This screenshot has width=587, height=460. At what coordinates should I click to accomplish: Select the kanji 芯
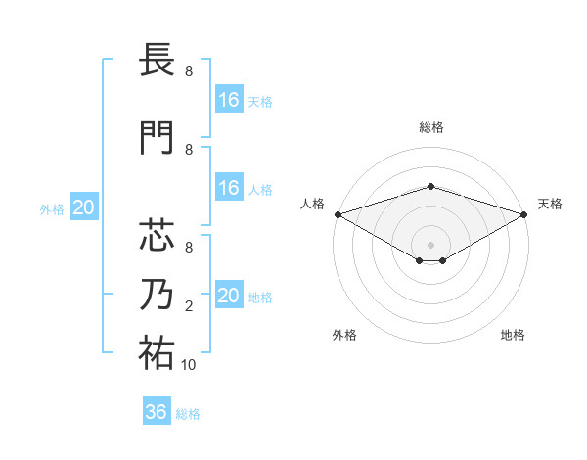pyautogui.click(x=158, y=236)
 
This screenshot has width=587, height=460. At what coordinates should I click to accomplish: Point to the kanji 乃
pyautogui.click(x=158, y=294)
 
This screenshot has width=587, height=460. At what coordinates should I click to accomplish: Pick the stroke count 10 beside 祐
pyautogui.click(x=189, y=365)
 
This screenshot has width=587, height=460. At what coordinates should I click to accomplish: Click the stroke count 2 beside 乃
pyautogui.click(x=189, y=307)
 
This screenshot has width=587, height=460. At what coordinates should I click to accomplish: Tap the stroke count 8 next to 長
pyautogui.click(x=189, y=71)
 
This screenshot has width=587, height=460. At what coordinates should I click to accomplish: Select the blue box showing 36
pyautogui.click(x=157, y=412)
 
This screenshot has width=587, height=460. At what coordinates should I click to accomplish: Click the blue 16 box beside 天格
pyautogui.click(x=229, y=100)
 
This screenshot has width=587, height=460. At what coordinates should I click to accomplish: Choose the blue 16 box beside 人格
pyautogui.click(x=229, y=188)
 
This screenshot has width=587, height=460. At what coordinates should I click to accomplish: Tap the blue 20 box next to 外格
pyautogui.click(x=84, y=207)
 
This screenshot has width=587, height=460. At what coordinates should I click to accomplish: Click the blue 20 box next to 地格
pyautogui.click(x=229, y=296)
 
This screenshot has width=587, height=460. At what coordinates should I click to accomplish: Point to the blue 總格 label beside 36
pyautogui.click(x=188, y=414)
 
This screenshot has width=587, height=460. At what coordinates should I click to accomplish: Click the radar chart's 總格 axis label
pyautogui.click(x=431, y=127)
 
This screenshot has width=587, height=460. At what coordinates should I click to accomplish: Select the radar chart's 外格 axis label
pyautogui.click(x=344, y=335)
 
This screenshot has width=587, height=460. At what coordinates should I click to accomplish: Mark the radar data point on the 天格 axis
pyautogui.click(x=525, y=214)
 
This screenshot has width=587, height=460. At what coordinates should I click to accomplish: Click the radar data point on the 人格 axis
pyautogui.click(x=337, y=214)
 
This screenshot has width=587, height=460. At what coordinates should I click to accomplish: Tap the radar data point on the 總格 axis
pyautogui.click(x=431, y=186)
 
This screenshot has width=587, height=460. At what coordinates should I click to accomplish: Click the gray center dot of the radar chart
pyautogui.click(x=431, y=244)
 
